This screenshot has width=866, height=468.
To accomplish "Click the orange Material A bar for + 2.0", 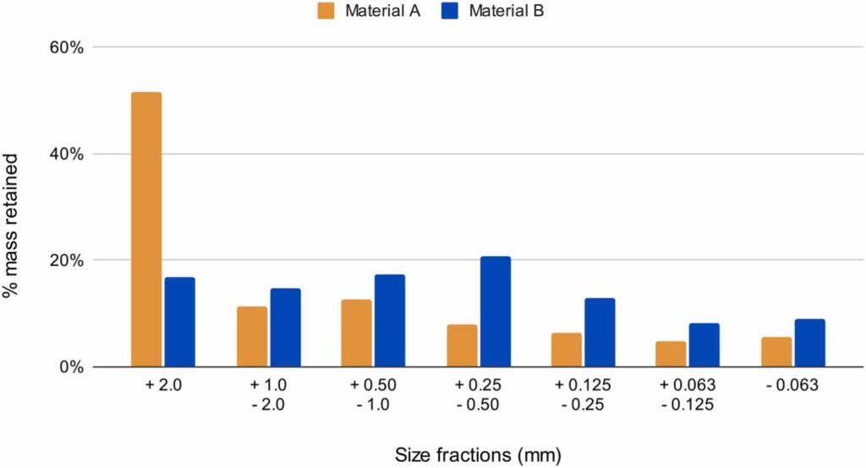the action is tap(146, 230).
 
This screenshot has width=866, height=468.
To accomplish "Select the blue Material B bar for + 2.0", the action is tap(180, 322).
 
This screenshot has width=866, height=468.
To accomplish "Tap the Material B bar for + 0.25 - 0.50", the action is tap(496, 312).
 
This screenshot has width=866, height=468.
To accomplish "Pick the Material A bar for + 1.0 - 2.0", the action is tap(252, 337).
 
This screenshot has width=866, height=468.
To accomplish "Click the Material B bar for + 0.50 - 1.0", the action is tap(390, 321).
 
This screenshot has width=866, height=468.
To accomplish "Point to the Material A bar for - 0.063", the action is tap(776, 352).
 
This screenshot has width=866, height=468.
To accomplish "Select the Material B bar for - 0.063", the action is tap(810, 343).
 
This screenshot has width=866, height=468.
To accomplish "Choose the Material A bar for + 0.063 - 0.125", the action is tap(671, 354).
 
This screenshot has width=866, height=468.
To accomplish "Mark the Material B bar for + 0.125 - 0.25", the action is tap(600, 333).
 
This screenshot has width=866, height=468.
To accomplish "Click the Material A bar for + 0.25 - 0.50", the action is tap(463, 346).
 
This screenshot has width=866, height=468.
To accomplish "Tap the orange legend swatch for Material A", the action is tap(326, 11).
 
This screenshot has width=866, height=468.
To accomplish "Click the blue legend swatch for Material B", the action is tap(450, 11).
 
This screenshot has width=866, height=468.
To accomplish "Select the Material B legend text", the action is tap(507, 11).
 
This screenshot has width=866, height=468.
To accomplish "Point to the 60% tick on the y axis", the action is tap(66, 47).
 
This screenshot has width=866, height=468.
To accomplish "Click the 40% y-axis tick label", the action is tap(66, 154).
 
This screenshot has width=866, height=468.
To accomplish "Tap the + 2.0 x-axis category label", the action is tap(163, 384).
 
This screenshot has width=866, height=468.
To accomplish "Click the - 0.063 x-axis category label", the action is tap(792, 384).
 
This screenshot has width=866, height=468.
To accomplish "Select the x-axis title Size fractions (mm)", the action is tap(479, 455).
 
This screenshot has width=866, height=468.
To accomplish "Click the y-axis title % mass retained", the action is tap(10, 226).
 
